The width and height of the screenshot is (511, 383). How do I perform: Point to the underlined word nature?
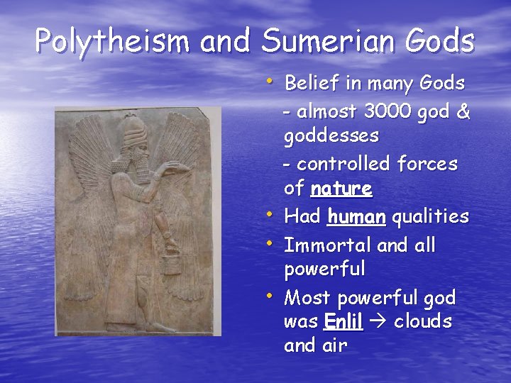[x=341, y=189]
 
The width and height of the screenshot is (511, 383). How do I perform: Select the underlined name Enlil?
[x=343, y=321]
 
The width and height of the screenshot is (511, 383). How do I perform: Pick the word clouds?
[x=423, y=321]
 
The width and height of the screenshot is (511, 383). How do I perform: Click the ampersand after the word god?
[x=463, y=111]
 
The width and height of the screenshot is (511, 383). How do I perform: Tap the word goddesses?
[x=331, y=135]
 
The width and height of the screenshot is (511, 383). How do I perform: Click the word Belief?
[x=312, y=83]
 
